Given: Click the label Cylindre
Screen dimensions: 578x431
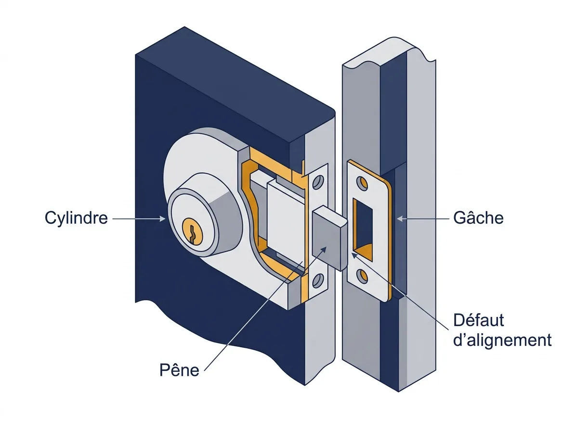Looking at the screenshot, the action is (76, 218).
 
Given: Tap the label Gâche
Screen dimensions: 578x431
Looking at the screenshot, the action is (478, 218).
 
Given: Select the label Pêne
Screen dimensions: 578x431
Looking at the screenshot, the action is (179, 370).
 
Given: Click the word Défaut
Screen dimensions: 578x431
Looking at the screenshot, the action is (478, 320).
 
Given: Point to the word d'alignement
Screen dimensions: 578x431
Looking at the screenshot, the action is (502, 341).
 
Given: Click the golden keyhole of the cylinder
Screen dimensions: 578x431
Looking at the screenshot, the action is (193, 232).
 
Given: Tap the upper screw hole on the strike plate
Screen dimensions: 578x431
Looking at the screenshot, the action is (362, 183).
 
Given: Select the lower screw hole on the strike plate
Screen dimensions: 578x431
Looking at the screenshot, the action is (362, 276).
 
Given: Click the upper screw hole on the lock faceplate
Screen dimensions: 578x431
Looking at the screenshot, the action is (318, 182).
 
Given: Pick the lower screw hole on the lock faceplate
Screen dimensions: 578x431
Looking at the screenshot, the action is (318, 280).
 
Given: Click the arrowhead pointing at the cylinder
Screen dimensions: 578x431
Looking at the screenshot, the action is (162, 218).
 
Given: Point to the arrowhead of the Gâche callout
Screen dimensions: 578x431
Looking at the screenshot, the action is (400, 218).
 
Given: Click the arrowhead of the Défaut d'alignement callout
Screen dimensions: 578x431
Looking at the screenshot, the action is (355, 255).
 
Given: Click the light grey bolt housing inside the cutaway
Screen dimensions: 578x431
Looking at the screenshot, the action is (286, 226).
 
